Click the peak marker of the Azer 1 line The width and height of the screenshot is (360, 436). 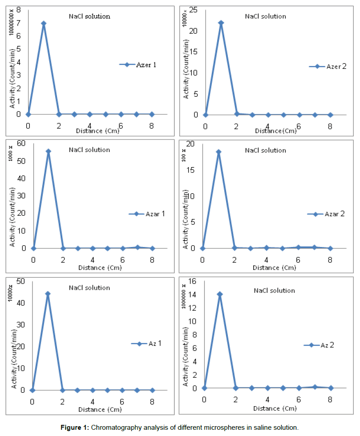click(x=44, y=23)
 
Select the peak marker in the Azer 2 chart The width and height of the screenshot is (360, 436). click(x=221, y=23)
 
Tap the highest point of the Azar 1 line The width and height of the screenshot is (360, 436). click(x=49, y=152)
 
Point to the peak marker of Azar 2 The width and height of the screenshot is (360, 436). click(x=218, y=152)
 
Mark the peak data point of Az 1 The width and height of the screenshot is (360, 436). click(x=48, y=294)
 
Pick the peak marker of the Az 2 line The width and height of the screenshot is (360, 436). click(x=219, y=294)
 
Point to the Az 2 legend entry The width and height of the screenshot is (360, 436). click(x=324, y=345)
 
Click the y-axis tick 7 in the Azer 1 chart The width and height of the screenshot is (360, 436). click(x=19, y=23)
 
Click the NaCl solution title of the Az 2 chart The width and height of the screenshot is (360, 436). click(x=274, y=291)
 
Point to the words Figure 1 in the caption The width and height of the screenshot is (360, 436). click(x=75, y=427)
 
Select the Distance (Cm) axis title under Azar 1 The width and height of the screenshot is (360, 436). click(x=100, y=267)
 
